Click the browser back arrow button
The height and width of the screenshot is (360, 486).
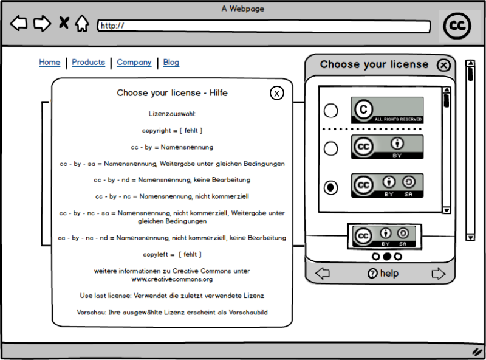[x=19, y=24]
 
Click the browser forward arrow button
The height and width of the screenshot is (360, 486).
[x=42, y=24]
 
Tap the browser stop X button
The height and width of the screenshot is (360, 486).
[x=63, y=24]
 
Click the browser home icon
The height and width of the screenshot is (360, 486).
[x=82, y=24]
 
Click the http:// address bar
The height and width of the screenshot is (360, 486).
[x=264, y=26]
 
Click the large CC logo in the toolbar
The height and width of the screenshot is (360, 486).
[x=457, y=26]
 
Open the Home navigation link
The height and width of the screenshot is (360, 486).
[x=50, y=62]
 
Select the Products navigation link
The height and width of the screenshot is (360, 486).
[x=88, y=62]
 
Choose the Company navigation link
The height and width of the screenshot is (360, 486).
[x=134, y=62]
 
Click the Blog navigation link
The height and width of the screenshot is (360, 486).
[x=171, y=62]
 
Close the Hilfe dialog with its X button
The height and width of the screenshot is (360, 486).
[x=276, y=93]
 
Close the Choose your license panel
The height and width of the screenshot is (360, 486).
[x=444, y=65]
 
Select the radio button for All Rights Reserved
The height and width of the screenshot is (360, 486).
[x=330, y=111]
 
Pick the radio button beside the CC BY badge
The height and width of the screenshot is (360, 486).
[x=330, y=148]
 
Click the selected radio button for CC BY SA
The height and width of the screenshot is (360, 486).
[x=330, y=187]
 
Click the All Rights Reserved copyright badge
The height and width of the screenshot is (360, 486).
[x=387, y=110]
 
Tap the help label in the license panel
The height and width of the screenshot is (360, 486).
[x=383, y=274]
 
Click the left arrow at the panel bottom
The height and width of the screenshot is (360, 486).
[x=323, y=274]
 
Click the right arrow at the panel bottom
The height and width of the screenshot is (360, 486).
[x=438, y=274]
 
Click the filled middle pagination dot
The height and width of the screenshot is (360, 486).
[x=387, y=257]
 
